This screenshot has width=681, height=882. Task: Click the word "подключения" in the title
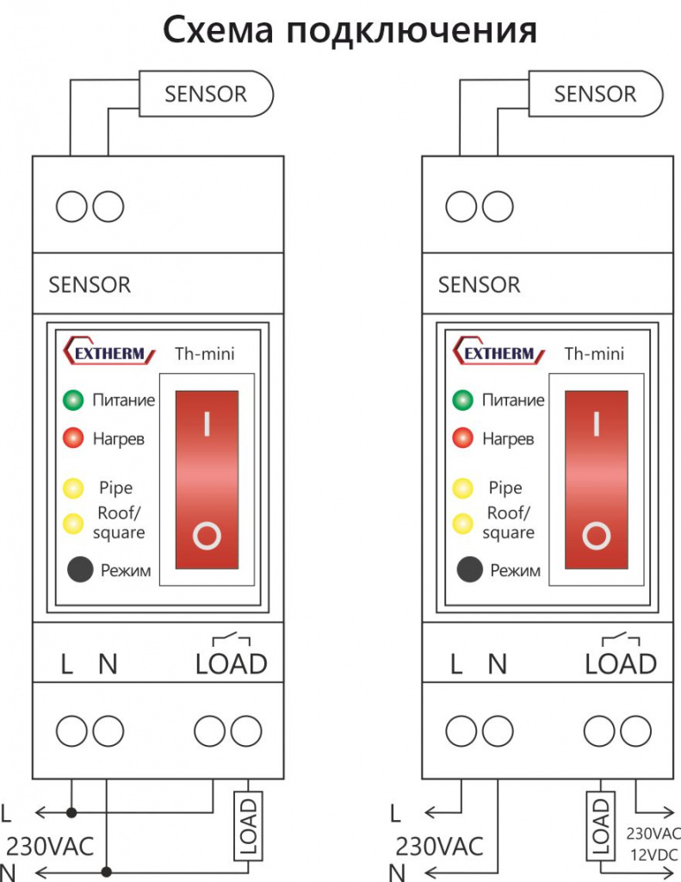click(x=412, y=30)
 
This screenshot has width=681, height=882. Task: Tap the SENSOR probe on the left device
click(x=206, y=93)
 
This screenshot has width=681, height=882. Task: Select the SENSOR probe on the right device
click(x=596, y=93)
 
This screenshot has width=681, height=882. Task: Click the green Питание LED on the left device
click(x=73, y=400)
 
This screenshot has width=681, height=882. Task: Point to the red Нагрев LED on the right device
click(x=463, y=438)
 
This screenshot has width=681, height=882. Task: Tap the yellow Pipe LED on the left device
click(x=73, y=488)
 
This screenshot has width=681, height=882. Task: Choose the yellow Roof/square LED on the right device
click(x=463, y=524)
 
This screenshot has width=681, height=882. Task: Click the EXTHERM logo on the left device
click(x=108, y=351)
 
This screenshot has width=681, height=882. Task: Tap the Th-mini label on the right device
click(x=594, y=354)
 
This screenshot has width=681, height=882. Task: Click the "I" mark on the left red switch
click(x=207, y=424)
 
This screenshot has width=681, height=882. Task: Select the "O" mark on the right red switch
click(x=597, y=536)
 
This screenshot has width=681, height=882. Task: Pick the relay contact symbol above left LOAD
click(x=231, y=638)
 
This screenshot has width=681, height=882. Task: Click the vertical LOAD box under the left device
click(x=248, y=826)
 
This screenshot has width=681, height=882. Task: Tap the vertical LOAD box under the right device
click(x=601, y=826)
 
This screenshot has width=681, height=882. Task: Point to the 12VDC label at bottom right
click(x=654, y=855)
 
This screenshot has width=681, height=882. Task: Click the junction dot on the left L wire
click(x=71, y=812)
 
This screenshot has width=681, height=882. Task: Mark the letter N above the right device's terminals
click(x=497, y=664)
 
